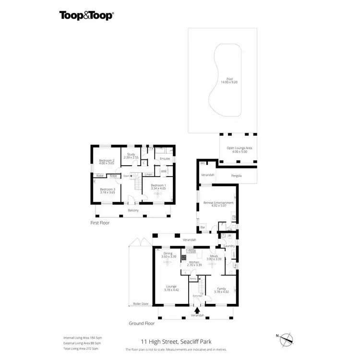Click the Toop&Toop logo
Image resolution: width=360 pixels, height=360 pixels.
[86, 15]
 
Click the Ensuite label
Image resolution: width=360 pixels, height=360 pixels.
[165, 158]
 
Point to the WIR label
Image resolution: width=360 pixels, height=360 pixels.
[164, 171]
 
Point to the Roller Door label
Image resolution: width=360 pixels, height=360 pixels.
[140, 304]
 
